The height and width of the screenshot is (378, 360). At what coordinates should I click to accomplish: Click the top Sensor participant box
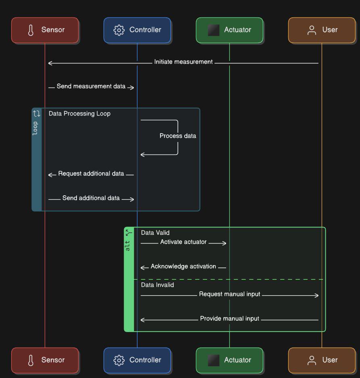pyautogui.click(x=45, y=30)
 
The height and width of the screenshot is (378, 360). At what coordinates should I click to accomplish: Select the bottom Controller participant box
pyautogui.click(x=137, y=360)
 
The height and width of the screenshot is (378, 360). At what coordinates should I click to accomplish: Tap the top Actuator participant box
pyautogui.click(x=229, y=30)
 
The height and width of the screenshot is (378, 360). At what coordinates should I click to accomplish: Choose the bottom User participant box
pyautogui.click(x=322, y=360)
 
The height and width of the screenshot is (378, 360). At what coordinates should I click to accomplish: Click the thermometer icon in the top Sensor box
pyautogui.click(x=31, y=30)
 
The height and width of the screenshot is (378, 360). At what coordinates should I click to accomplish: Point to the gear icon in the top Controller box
pyautogui.click(x=119, y=30)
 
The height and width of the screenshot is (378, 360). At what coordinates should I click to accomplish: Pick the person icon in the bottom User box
pyautogui.click(x=312, y=360)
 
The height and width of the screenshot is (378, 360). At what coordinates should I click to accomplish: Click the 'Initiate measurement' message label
pyautogui.click(x=183, y=62)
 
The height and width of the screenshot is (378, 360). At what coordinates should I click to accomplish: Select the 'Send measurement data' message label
pyautogui.click(x=91, y=86)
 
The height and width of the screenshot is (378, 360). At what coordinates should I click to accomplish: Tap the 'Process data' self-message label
pyautogui.click(x=178, y=136)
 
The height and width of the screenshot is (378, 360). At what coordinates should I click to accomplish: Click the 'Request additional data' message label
pyautogui.click(x=91, y=174)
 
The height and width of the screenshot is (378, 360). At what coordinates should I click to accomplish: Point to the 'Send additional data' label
pyautogui.click(x=91, y=198)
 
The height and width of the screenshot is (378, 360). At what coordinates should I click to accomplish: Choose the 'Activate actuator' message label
pyautogui.click(x=183, y=242)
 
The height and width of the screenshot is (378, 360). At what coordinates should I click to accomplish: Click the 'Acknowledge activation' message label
pyautogui.click(x=183, y=267)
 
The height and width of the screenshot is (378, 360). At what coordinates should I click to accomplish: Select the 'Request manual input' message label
pyautogui.click(x=229, y=294)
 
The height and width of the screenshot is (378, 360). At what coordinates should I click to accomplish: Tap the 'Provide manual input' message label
pyautogui.click(x=229, y=319)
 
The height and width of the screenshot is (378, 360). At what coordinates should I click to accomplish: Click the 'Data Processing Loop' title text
pyautogui.click(x=79, y=114)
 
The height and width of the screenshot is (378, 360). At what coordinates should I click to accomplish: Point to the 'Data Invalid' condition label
pyautogui.click(x=157, y=285)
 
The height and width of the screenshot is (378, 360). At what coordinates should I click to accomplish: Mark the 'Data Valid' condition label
pyautogui.click(x=155, y=233)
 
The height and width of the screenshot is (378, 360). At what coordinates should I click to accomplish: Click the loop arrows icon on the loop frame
pyautogui.click(x=37, y=114)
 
